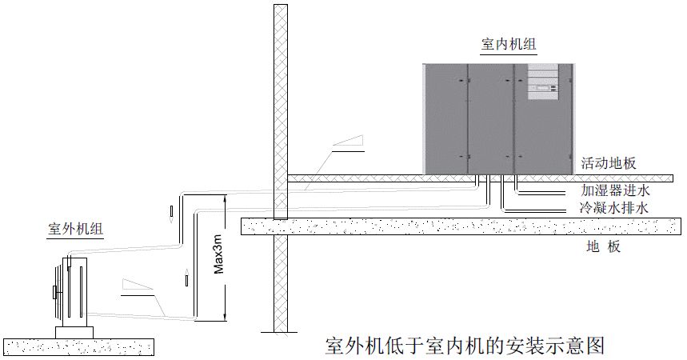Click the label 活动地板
[x=609, y=163]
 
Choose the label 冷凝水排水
[x=615, y=208]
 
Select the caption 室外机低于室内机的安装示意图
[x=465, y=346]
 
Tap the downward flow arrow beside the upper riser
[x=170, y=213]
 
